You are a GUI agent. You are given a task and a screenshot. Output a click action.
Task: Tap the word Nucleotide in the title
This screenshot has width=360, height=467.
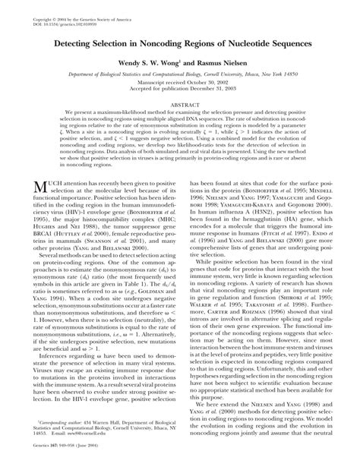coord(248,46)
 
